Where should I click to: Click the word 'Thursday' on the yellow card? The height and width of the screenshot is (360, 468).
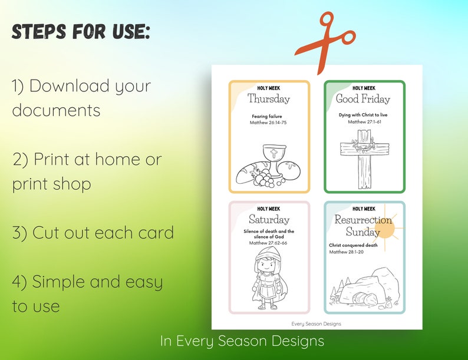click(x=269, y=98)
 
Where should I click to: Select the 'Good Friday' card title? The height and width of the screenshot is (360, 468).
click(x=364, y=98)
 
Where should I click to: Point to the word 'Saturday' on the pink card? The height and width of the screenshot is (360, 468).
click(x=269, y=219)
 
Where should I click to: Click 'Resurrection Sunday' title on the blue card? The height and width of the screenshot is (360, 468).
click(x=363, y=225)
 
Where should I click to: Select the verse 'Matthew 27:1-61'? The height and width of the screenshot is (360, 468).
click(x=364, y=122)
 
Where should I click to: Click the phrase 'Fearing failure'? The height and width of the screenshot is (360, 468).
click(x=269, y=117)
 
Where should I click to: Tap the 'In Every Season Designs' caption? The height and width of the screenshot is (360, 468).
click(x=242, y=341)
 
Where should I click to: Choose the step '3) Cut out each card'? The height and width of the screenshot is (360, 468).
click(x=93, y=232)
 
